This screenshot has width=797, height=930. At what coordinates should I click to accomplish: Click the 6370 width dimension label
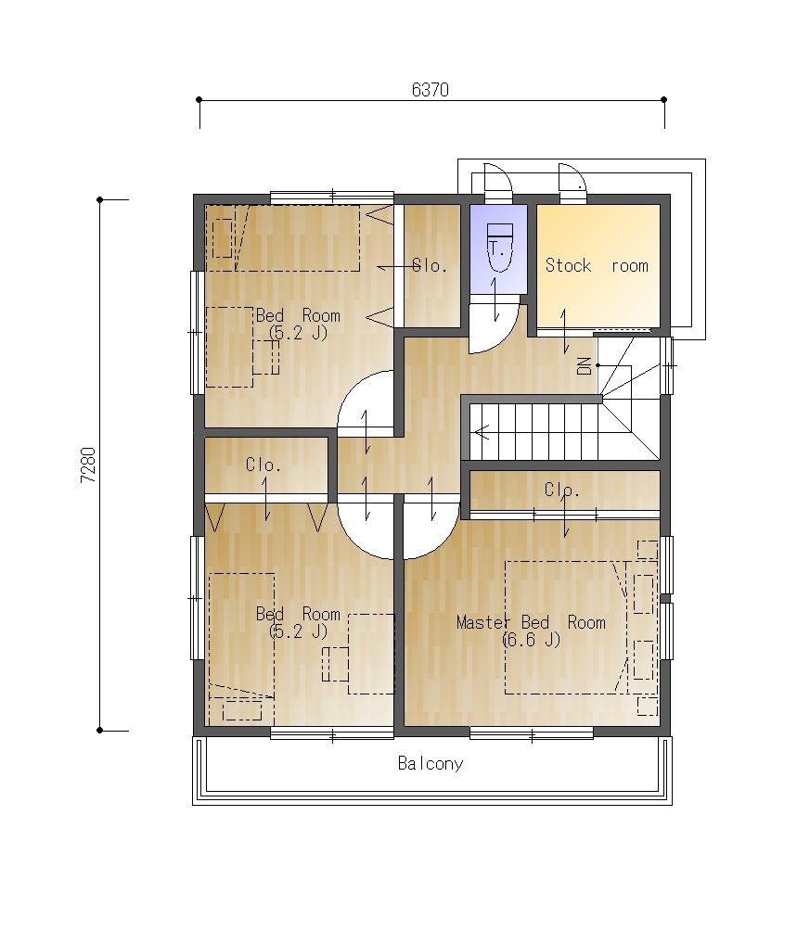coord(431,90)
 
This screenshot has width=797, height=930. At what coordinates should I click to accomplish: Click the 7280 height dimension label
coord(88,465)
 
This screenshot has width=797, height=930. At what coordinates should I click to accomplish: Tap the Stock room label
coord(597,265)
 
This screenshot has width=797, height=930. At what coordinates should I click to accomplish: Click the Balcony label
coord(431,763)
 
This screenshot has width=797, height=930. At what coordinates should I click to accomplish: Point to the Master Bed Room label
coord(531,622)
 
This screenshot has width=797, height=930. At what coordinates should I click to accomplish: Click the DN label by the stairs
coord(585,366)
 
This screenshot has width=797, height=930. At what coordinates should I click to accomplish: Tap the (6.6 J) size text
coord(531,640)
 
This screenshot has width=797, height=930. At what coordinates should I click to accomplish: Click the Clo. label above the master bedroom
coord(561,490)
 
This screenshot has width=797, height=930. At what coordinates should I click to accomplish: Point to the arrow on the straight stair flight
coord(482,432)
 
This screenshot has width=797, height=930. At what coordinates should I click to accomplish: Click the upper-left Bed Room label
coord(298,315)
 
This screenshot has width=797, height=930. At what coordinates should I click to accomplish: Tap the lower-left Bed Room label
coord(298,613)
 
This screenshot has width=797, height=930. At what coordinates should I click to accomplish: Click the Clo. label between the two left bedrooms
coord(263,465)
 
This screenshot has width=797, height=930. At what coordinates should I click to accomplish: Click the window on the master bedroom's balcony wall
coord(532,733)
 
